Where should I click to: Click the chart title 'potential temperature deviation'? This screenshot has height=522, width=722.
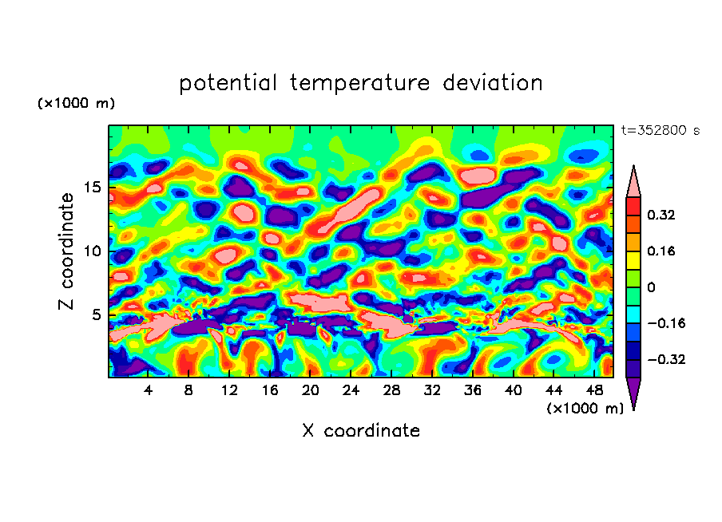360,83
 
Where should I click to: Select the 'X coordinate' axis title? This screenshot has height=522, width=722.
361,431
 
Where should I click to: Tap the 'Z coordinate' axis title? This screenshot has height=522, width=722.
67,251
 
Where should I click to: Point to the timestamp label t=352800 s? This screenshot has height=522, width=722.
660,131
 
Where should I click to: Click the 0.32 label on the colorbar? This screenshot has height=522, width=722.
661,215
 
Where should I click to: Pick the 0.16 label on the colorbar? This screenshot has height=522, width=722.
661,251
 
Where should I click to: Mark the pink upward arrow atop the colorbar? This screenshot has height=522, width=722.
633,182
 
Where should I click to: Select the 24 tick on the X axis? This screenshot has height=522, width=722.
351,390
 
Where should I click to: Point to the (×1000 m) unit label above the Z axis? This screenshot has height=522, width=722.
77,104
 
